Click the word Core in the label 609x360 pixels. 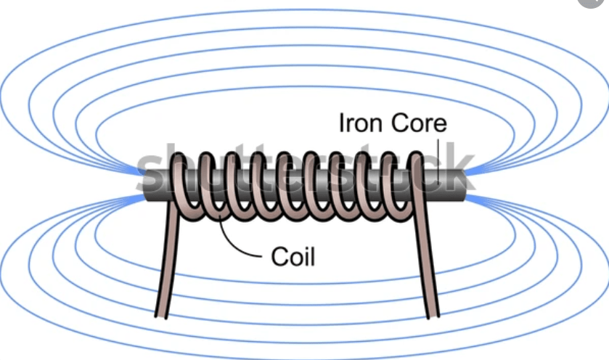pyautogui.click(x=420, y=123)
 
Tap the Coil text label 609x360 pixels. pyautogui.click(x=293, y=257)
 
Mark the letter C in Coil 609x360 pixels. pyautogui.click(x=277, y=257)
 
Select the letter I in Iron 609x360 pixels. pyautogui.click(x=342, y=123)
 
